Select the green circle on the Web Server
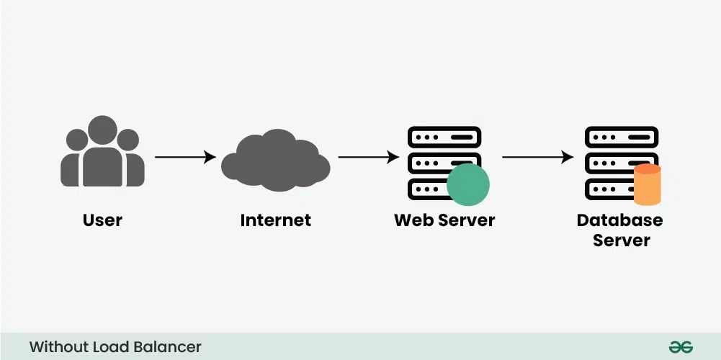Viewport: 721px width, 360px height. pyautogui.click(x=467, y=184)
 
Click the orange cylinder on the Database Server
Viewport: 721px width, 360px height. pyautogui.click(x=647, y=185)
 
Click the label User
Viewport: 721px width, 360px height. pyautogui.click(x=102, y=220)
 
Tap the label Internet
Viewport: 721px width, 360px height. pyautogui.click(x=275, y=220)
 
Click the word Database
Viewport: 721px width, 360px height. pyautogui.click(x=620, y=220)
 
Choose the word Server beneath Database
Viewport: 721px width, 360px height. pyautogui.click(x=621, y=240)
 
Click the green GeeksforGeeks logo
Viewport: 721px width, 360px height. pyautogui.click(x=681, y=347)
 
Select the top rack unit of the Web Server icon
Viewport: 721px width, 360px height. pyautogui.click(x=444, y=137)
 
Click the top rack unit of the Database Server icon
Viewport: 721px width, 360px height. pyautogui.click(x=621, y=137)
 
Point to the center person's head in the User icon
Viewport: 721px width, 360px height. pyautogui.click(x=102, y=130)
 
